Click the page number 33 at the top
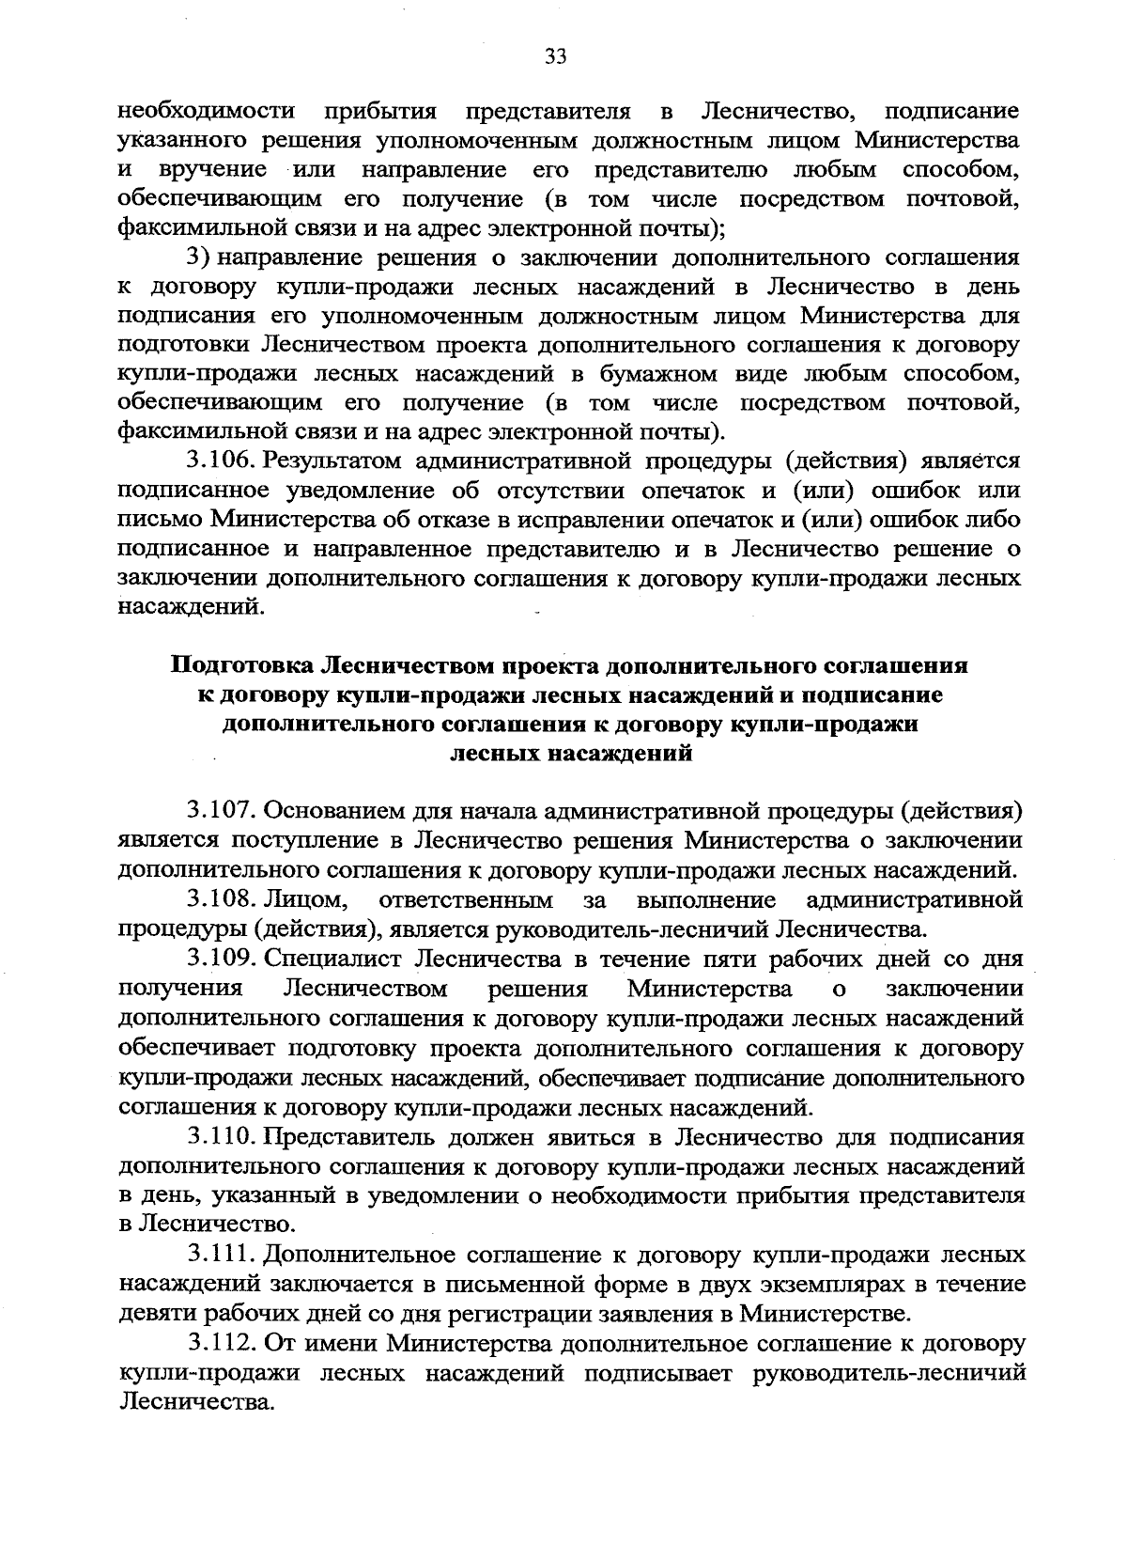(x=556, y=57)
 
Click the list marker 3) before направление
(x=198, y=257)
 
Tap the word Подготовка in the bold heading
(x=241, y=666)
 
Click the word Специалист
(x=333, y=960)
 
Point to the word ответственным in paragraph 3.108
(x=465, y=900)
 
